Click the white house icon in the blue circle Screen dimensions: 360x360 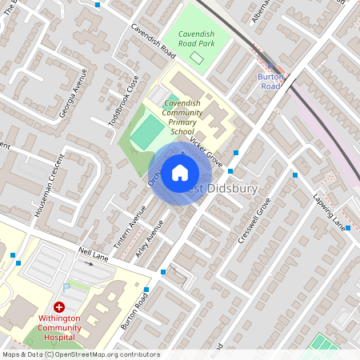tap(180, 172)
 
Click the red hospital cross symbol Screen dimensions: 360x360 tap(59, 306)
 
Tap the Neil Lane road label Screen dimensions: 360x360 tap(94, 254)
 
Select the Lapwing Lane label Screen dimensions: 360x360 tap(327, 206)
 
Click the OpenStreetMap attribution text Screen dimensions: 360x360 tap(80, 354)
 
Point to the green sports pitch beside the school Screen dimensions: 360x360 tap(145, 133)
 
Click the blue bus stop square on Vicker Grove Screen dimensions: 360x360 tap(236, 152)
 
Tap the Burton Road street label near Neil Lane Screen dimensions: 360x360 tap(137, 312)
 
